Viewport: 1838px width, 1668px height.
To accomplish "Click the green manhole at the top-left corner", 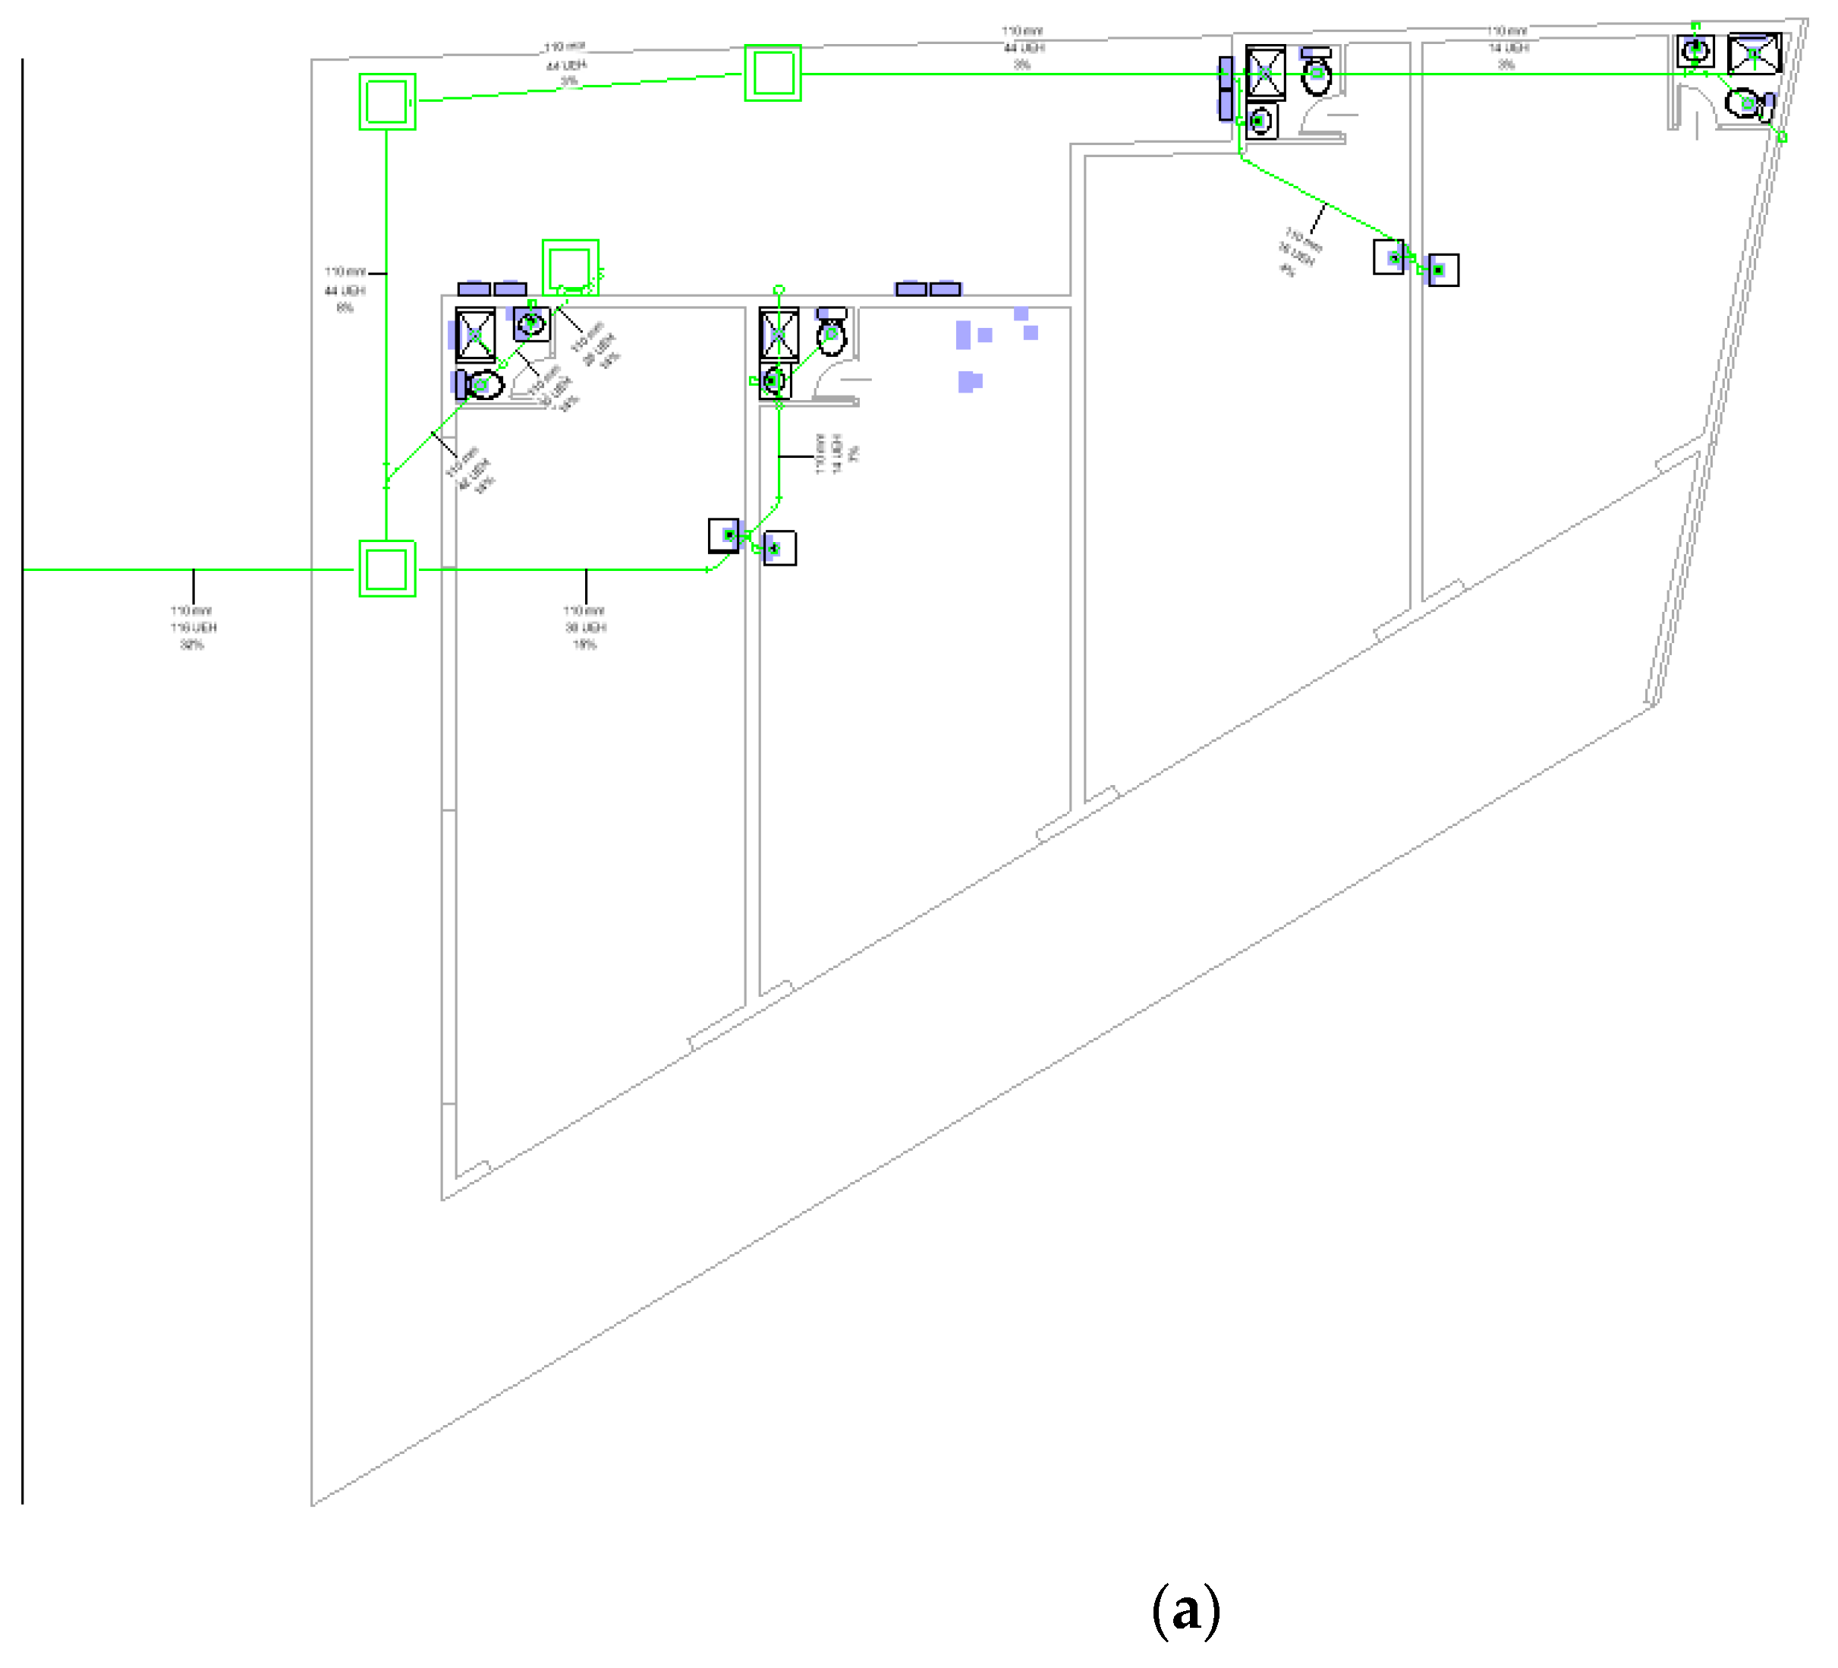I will (388, 101).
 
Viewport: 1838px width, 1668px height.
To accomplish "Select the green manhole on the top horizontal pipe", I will (773, 73).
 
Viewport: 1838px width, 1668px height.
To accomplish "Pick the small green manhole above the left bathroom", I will (571, 267).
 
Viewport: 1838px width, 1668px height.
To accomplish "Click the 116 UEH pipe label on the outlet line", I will (194, 627).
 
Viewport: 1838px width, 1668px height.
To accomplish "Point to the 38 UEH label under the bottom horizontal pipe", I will (584, 627).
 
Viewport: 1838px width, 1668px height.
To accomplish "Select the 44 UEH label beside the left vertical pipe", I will (345, 290).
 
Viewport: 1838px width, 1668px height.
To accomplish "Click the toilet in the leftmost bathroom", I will (483, 385).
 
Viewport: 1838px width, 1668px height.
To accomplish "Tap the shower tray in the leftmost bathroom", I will (475, 336).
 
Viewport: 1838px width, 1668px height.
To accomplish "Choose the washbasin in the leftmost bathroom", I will (531, 323).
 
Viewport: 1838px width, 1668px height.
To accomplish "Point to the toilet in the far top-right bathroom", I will (1746, 104).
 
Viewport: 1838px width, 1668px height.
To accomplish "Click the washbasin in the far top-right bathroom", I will (1695, 50).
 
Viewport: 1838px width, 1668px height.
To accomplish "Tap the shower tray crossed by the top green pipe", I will (1266, 71).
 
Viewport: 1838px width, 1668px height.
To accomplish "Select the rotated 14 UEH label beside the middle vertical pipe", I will (836, 453).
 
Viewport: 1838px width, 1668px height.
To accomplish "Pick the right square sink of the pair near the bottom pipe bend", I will (779, 548).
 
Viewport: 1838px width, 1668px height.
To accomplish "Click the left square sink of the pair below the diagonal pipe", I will (1389, 257).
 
